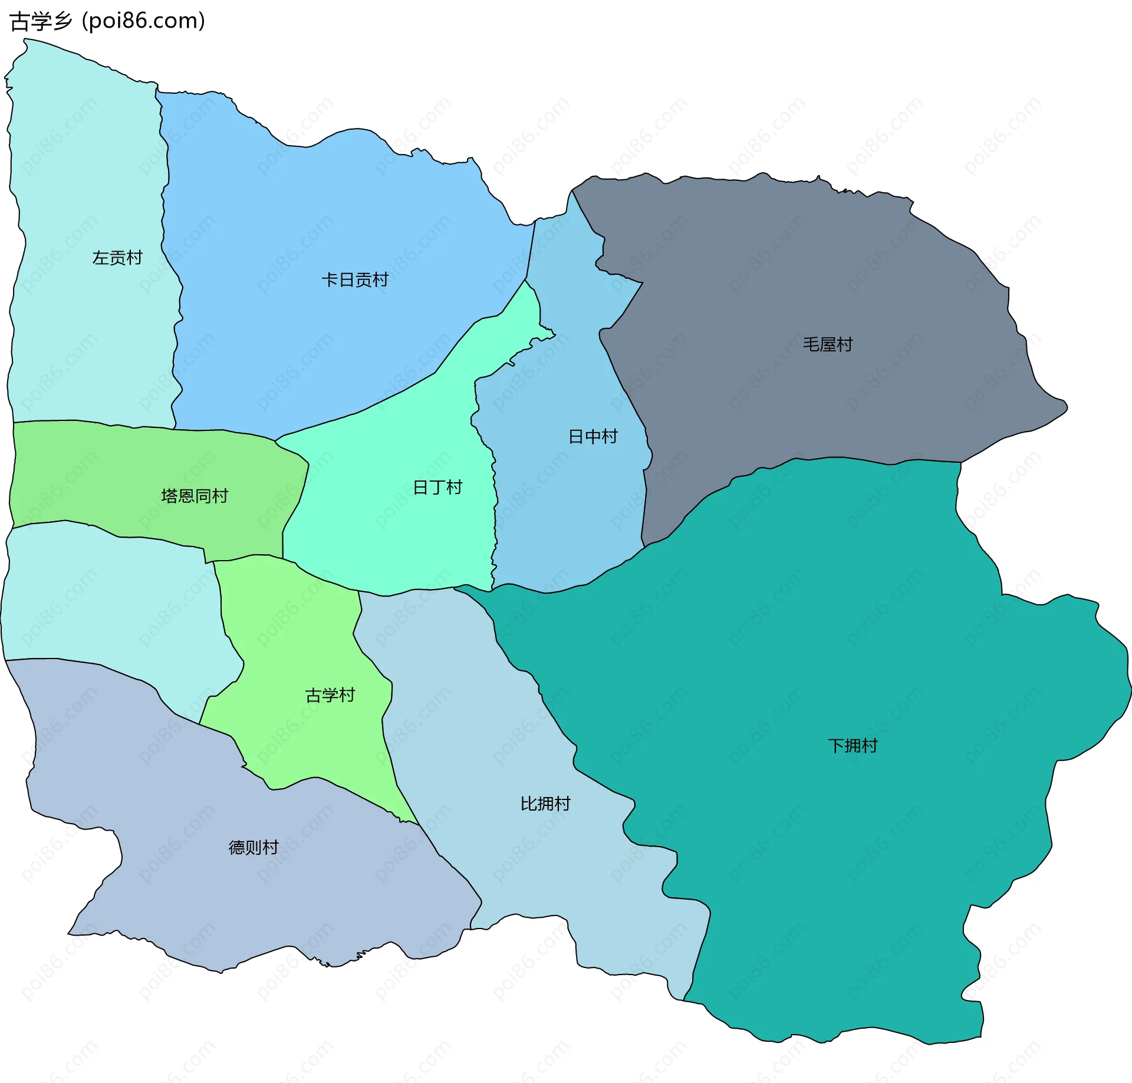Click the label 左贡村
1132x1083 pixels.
117,258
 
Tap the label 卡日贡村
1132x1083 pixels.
354,279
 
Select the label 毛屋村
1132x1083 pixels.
827,344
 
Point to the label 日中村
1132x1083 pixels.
593,436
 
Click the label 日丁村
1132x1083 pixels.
437,487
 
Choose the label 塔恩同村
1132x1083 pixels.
194,496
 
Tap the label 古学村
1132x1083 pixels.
330,695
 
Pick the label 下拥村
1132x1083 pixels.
852,746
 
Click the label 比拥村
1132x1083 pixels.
545,804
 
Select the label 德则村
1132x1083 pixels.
253,847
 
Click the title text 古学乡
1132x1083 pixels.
40,21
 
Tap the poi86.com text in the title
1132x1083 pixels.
143,21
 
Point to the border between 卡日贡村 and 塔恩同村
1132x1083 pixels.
224,430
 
